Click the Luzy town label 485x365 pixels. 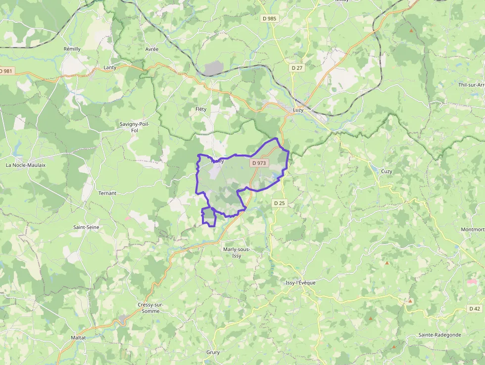click(298, 110)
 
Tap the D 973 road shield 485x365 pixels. click(259, 162)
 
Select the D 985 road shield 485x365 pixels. click(269, 18)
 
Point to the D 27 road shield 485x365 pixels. click(297, 68)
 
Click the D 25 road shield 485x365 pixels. click(280, 203)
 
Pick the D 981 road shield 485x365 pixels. click(6, 71)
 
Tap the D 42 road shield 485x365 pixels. click(474, 309)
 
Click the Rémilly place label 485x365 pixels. click(72, 49)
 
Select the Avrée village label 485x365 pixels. click(152, 50)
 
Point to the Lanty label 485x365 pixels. click(110, 67)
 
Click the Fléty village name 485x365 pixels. click(201, 108)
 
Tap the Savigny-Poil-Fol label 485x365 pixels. click(134, 127)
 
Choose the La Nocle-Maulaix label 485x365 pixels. click(25, 165)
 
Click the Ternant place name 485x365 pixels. click(107, 193)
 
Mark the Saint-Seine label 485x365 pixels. click(86, 227)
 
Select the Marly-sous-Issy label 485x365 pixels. click(237, 252)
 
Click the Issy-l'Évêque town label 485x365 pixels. click(300, 283)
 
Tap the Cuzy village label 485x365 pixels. click(387, 171)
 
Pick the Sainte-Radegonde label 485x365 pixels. click(439, 335)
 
